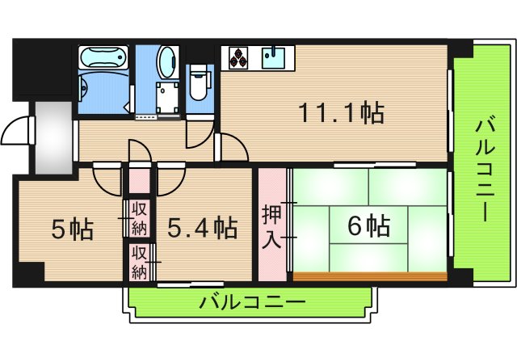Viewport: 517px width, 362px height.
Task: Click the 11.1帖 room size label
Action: point(341,112)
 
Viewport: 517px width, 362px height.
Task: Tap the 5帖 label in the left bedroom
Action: point(73,229)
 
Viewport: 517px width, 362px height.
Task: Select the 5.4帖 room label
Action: point(202,228)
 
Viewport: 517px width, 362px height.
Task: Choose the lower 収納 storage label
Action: point(139,262)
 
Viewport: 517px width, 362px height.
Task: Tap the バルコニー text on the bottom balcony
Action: point(253,303)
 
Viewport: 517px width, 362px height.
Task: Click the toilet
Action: point(200,82)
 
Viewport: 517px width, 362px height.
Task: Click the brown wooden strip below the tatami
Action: point(371,276)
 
